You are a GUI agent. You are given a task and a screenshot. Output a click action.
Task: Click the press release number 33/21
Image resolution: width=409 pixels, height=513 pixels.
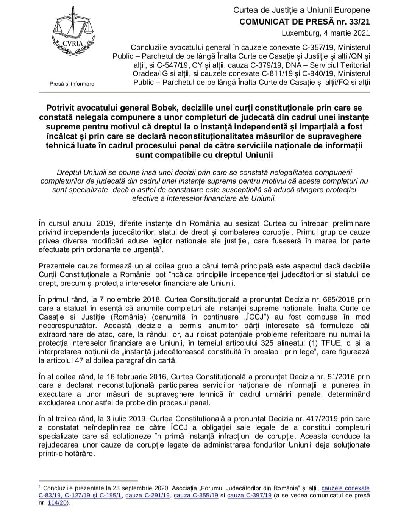pos(360,22)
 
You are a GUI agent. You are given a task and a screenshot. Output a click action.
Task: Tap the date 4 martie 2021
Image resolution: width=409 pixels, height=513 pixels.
pos(347,33)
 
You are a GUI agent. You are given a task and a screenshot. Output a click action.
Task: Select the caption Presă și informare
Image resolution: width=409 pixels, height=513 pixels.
pos(72,84)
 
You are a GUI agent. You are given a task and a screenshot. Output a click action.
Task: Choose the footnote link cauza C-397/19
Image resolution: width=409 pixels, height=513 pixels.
pos(250,495)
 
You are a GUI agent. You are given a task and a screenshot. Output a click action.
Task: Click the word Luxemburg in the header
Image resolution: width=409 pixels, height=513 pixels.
pos(301,33)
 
